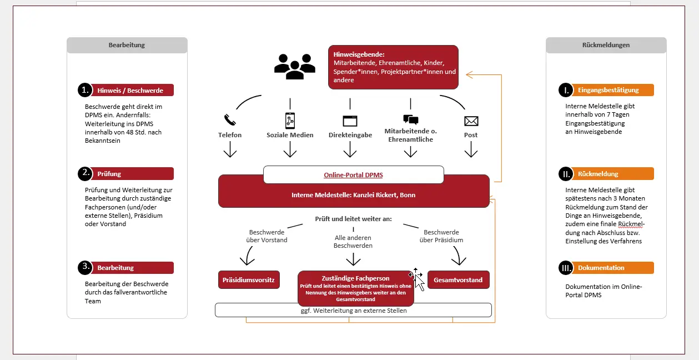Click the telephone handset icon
point(230,119)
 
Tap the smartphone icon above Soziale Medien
point(290,121)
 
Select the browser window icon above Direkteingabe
point(350,121)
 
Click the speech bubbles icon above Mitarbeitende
point(411,119)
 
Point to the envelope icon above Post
point(471,121)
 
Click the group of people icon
point(295,67)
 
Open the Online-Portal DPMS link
point(353,175)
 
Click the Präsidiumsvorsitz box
point(249,280)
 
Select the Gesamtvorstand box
point(458,280)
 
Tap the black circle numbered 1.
point(85,90)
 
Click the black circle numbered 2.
point(85,173)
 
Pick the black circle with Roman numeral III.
point(566,268)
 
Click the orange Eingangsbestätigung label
point(612,90)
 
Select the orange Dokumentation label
point(612,268)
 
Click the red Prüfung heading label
point(132,173)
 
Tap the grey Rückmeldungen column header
point(606,45)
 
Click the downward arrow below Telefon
point(230,149)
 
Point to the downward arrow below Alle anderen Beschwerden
point(353,259)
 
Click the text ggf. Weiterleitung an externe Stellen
point(354,311)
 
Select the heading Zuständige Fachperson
point(355,278)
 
